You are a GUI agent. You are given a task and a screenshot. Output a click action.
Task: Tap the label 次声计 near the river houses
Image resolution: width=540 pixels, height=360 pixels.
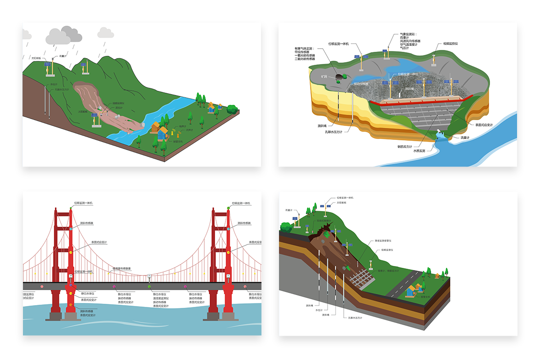tap(182, 130)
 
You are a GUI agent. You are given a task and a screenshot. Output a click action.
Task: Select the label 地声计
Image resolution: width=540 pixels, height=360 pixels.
tap(182, 126)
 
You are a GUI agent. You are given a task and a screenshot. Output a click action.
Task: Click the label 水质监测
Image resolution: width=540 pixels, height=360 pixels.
tap(419, 151)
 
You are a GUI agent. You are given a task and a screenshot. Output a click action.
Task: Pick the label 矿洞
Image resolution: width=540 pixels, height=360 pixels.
tap(324, 76)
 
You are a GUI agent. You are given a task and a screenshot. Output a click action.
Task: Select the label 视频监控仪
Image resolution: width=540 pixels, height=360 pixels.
tap(450, 44)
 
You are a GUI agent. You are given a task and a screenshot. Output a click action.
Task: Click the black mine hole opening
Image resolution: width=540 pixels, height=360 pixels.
tap(337, 80)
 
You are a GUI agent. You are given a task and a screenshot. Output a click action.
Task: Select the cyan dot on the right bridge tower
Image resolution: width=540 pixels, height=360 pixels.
tap(228, 229)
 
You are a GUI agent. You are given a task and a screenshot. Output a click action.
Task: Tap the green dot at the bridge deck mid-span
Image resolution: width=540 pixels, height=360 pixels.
tap(149, 285)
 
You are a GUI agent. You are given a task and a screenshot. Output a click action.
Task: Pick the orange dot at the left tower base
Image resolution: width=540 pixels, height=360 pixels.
tap(70, 306)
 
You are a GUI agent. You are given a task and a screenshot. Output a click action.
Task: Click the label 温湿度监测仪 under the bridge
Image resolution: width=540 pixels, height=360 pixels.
tap(161, 298)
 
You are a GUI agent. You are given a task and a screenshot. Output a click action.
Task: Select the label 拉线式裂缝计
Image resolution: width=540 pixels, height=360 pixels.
tap(324, 220)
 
